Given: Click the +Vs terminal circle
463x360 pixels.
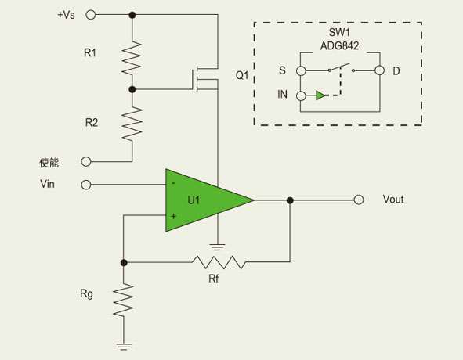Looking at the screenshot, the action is tap(91, 14).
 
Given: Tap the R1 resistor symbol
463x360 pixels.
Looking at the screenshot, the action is tap(132, 58).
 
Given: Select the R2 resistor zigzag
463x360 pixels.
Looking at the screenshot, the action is tap(132, 124).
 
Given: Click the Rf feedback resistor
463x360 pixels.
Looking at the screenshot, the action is tap(219, 262).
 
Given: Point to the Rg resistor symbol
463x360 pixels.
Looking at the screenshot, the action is tap(124, 300).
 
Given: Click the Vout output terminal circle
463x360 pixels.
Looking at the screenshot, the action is tap(359, 200).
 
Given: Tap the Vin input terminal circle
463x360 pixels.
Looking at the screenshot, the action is tap(86, 185).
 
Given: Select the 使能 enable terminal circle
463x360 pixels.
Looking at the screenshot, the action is tap(86, 161).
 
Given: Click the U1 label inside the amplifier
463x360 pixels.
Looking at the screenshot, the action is tap(194, 200).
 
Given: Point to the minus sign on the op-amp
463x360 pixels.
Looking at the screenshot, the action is tap(174, 184).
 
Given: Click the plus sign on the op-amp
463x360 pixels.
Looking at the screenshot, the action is tap(174, 216).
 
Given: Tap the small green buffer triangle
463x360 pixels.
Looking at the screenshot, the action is tap(320, 95).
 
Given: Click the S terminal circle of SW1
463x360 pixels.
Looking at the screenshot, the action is tap(301, 70).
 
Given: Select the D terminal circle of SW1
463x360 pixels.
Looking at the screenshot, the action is tap(379, 70).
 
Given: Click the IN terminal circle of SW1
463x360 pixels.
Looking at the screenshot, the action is tap(301, 96).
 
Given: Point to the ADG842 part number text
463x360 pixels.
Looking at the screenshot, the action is tap(339, 46).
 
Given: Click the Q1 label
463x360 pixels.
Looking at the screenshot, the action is tap(242, 75).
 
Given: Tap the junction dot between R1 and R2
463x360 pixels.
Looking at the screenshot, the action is tap(132, 89).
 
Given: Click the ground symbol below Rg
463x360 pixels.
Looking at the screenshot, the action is tap(124, 347).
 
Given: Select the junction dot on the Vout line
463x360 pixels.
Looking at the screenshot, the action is tap(290, 200).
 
